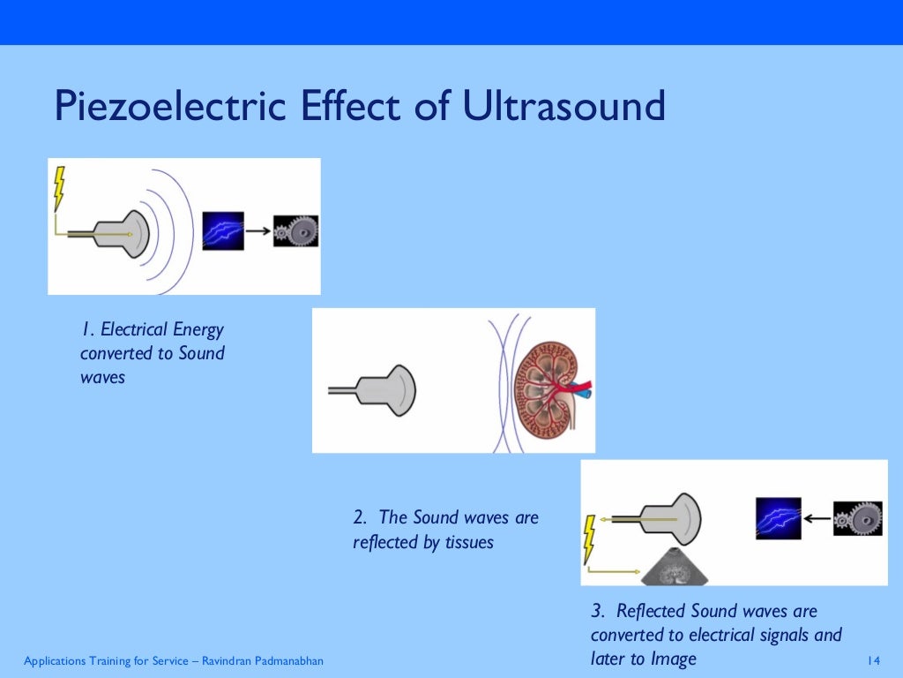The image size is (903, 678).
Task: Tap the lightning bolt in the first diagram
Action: [x=59, y=188]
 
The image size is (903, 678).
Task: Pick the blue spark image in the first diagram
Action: [x=222, y=231]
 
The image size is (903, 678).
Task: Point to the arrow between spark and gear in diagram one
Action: [x=257, y=231]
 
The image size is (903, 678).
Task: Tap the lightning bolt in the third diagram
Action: [x=589, y=540]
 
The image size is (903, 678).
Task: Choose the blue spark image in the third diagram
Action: [x=778, y=519]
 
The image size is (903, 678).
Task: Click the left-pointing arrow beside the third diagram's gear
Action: [x=817, y=519]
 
